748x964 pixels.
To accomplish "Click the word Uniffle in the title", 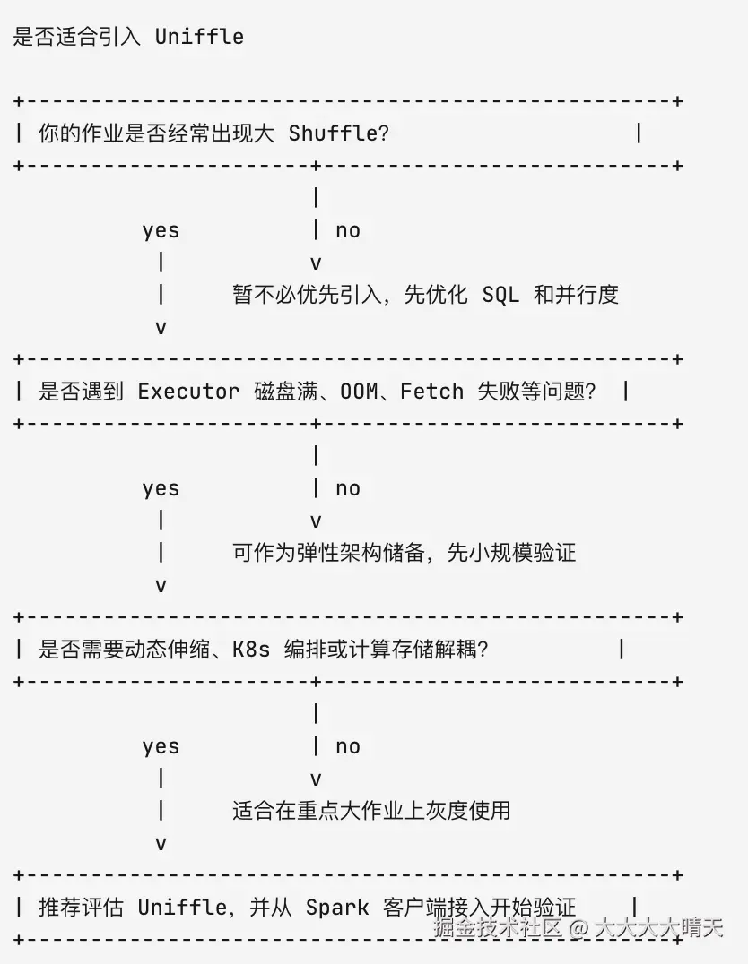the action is pyautogui.click(x=199, y=36).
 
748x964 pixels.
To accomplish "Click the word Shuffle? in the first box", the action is pyautogui.click(x=339, y=133).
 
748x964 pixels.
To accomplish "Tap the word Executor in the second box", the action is pyautogui.click(x=188, y=391).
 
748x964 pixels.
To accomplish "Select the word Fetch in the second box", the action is pyautogui.click(x=431, y=391).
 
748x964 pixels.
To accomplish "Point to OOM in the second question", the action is pyautogui.click(x=359, y=391).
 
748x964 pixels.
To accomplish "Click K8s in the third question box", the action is pyautogui.click(x=251, y=650).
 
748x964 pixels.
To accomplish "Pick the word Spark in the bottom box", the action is pyautogui.click(x=337, y=908).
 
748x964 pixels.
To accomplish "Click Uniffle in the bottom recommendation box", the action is pyautogui.click(x=182, y=908).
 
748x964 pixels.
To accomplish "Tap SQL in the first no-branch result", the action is pyautogui.click(x=500, y=295).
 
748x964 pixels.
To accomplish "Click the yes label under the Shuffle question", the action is pyautogui.click(x=161, y=231).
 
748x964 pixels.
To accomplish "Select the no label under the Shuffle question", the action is pyautogui.click(x=348, y=230).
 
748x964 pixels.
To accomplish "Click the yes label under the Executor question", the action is pyautogui.click(x=161, y=489).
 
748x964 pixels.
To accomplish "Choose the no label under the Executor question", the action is pyautogui.click(x=348, y=489).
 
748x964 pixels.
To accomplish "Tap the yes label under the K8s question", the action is pyautogui.click(x=161, y=747).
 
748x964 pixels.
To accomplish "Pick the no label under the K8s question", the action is pyautogui.click(x=348, y=747).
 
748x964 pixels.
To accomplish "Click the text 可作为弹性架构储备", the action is pyautogui.click(x=328, y=552).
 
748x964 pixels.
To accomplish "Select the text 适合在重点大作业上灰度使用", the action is pyautogui.click(x=371, y=810).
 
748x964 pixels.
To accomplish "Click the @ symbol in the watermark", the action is pyautogui.click(x=578, y=927).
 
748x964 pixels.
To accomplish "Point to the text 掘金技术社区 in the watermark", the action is pyautogui.click(x=498, y=927).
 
